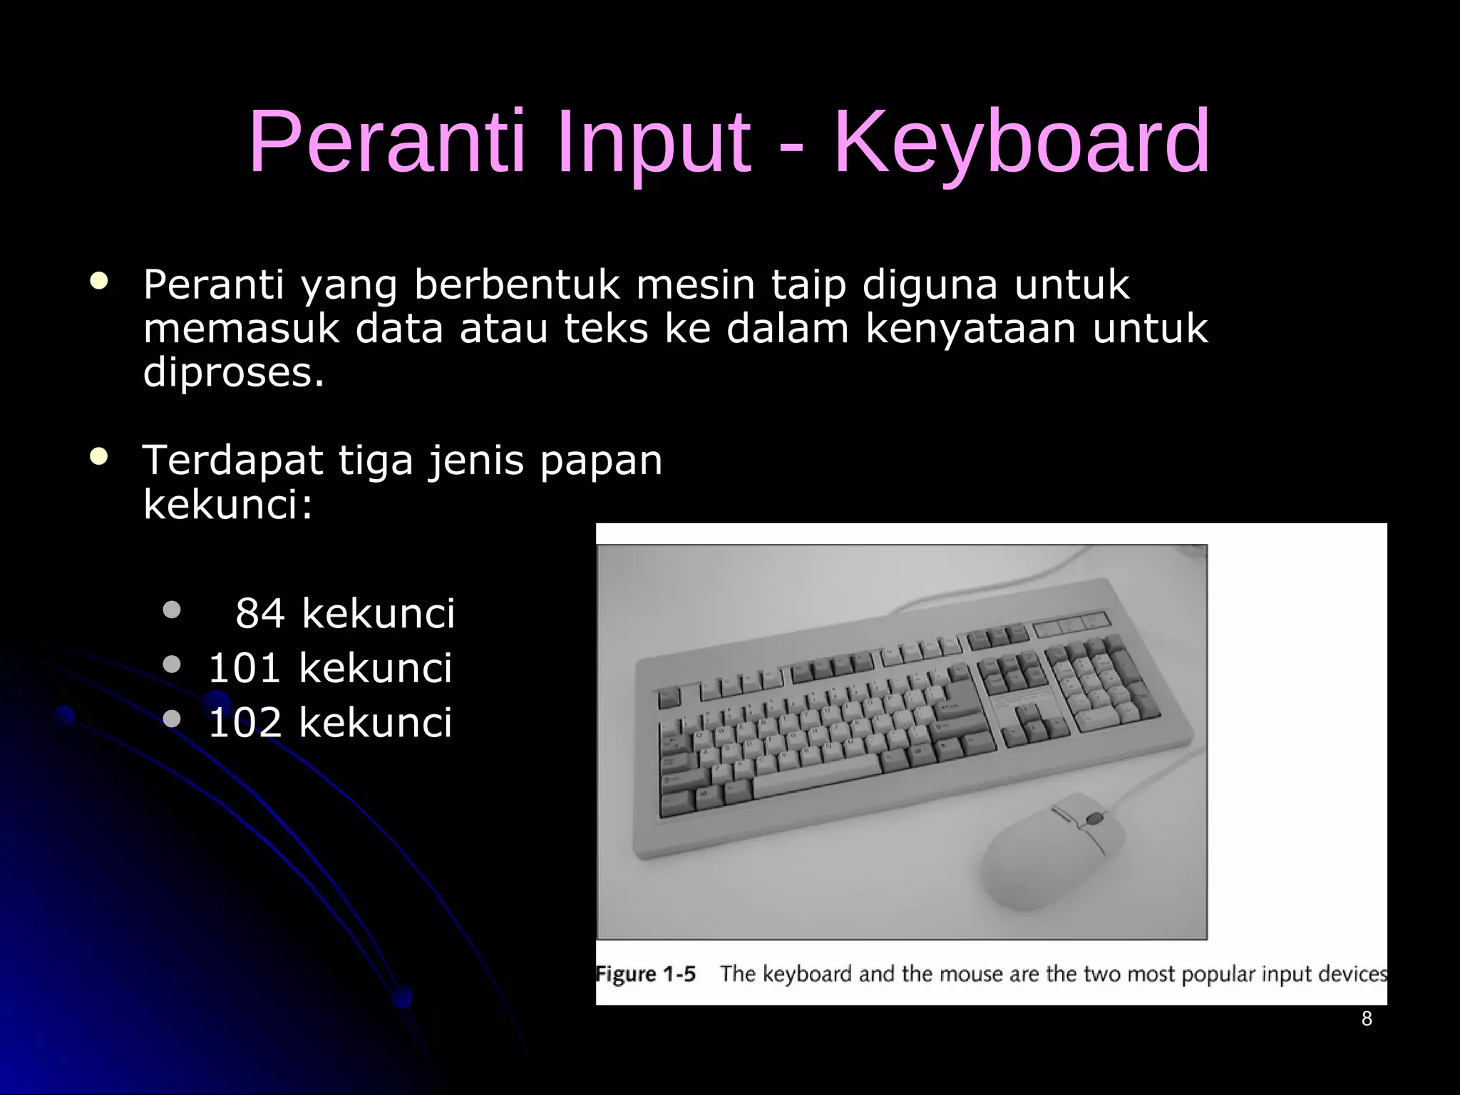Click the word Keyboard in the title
[x=1021, y=143]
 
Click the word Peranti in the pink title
[x=386, y=143]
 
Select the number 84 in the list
[x=260, y=614]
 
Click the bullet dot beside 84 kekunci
[x=171, y=610]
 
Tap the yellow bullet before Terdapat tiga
[x=99, y=457]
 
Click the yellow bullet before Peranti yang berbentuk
[x=99, y=281]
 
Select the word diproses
[x=234, y=373]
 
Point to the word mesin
[x=695, y=285]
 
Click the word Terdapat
[x=232, y=461]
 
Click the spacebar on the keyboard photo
[x=816, y=777]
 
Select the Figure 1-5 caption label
[x=646, y=975]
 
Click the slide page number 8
[x=1367, y=1019]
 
